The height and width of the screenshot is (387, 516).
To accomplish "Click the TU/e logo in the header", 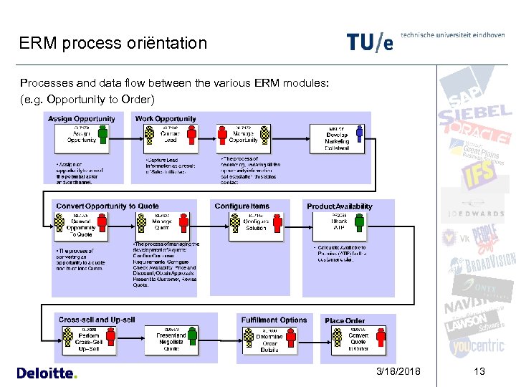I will point(370,42).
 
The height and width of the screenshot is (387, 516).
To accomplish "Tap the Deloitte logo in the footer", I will point(46,373).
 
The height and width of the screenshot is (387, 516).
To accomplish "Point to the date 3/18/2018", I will point(399,371).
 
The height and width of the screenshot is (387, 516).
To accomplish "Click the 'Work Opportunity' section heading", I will point(166,119).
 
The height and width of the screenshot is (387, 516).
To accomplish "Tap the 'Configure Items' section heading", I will point(242,206).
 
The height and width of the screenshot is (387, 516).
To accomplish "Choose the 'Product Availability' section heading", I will point(340,206).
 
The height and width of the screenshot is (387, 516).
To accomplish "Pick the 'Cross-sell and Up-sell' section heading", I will point(97,320).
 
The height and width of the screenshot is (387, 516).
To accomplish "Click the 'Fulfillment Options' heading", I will point(274,320).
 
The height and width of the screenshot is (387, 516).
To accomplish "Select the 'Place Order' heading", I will point(345,320).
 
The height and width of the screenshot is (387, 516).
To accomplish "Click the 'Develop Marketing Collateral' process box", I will point(337,139).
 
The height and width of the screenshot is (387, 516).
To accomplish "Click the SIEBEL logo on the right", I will point(475,117).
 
